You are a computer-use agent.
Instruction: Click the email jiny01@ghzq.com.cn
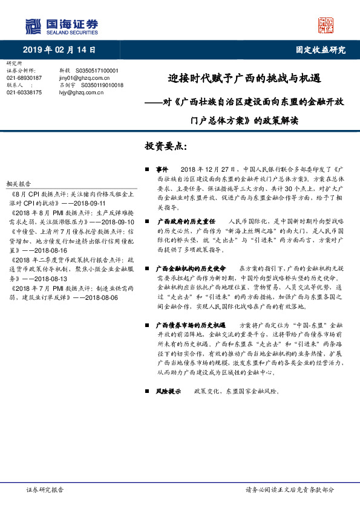pos(84,78)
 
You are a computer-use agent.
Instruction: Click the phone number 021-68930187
pos(24,78)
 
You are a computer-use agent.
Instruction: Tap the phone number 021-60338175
pos(24,92)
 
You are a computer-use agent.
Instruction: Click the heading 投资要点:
pos(165,147)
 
